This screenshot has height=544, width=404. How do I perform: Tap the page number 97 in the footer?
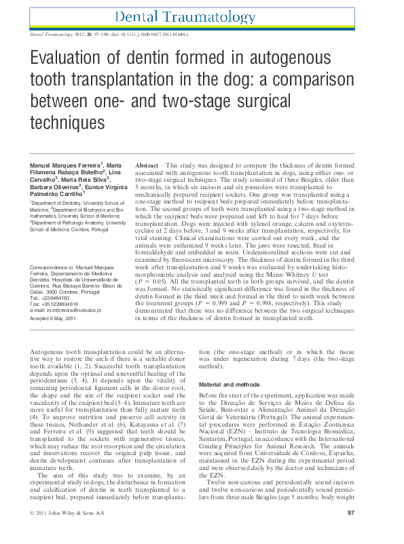click(370, 531)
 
